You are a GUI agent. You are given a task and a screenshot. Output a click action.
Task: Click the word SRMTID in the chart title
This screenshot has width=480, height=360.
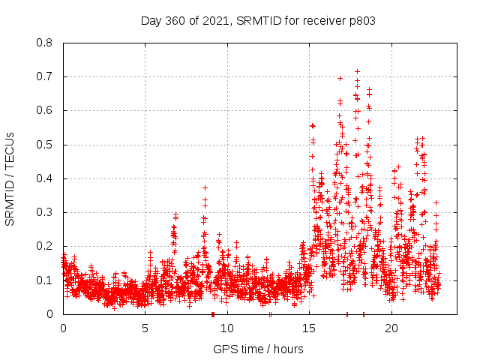256,20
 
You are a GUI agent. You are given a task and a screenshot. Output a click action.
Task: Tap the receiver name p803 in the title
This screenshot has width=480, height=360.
361,20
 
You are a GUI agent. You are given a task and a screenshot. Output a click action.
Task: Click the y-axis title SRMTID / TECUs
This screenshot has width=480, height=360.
10,178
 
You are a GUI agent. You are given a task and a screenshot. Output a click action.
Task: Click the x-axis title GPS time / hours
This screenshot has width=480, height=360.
258,349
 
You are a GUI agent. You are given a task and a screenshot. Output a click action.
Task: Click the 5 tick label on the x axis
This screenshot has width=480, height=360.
145,328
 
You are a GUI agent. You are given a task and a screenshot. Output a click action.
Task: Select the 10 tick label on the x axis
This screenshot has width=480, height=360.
227,328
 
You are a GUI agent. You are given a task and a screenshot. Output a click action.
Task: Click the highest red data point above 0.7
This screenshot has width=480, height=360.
357,72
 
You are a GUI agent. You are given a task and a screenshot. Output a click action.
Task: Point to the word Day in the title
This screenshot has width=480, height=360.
151,20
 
